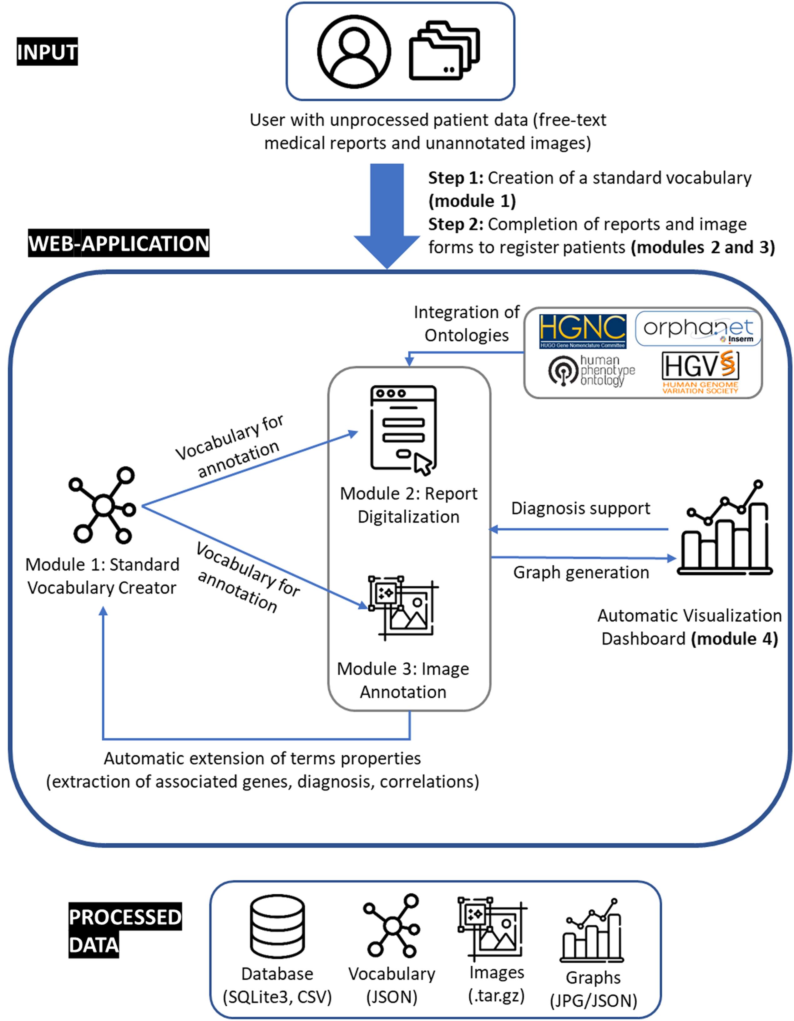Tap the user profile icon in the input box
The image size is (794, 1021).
[354, 51]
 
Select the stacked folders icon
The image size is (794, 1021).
[444, 50]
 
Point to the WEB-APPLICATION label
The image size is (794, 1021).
[119, 243]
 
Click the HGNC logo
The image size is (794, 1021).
[583, 331]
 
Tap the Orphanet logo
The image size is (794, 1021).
[698, 329]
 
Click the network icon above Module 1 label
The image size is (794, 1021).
[102, 505]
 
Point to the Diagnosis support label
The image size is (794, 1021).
[580, 508]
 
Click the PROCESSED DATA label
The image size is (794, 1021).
[125, 930]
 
